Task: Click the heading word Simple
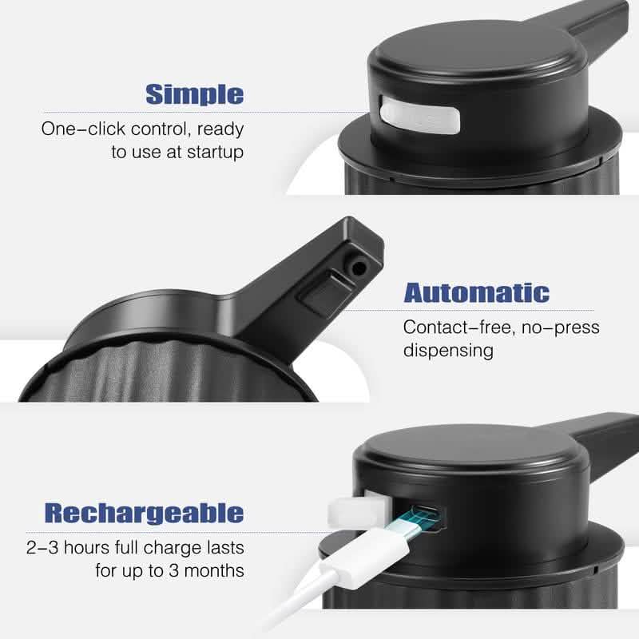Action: (x=194, y=94)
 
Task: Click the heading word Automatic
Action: (x=476, y=292)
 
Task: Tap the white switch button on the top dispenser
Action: (x=420, y=113)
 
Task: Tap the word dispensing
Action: (x=448, y=351)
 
